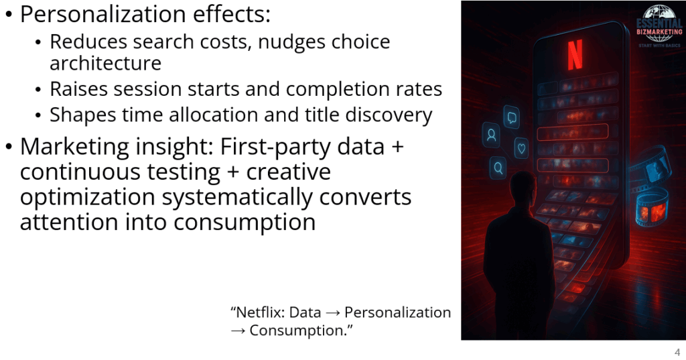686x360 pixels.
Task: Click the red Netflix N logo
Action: pos(575,55)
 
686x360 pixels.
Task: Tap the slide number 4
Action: pos(677,352)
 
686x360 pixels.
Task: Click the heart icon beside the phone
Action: pos(521,148)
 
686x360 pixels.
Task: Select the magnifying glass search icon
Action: pos(498,168)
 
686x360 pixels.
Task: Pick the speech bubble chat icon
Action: pos(511,117)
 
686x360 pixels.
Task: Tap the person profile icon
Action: pos(491,135)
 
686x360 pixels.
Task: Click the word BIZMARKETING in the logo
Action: pos(659,32)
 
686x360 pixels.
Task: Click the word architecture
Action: pos(105,63)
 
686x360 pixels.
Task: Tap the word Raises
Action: pos(79,89)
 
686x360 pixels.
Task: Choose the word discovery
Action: pos(389,115)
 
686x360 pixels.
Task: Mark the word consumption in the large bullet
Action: pos(245,223)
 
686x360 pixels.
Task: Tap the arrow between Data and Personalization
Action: pos(333,312)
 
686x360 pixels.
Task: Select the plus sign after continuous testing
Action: pos(232,172)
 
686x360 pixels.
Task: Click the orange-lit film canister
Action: pos(652,210)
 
